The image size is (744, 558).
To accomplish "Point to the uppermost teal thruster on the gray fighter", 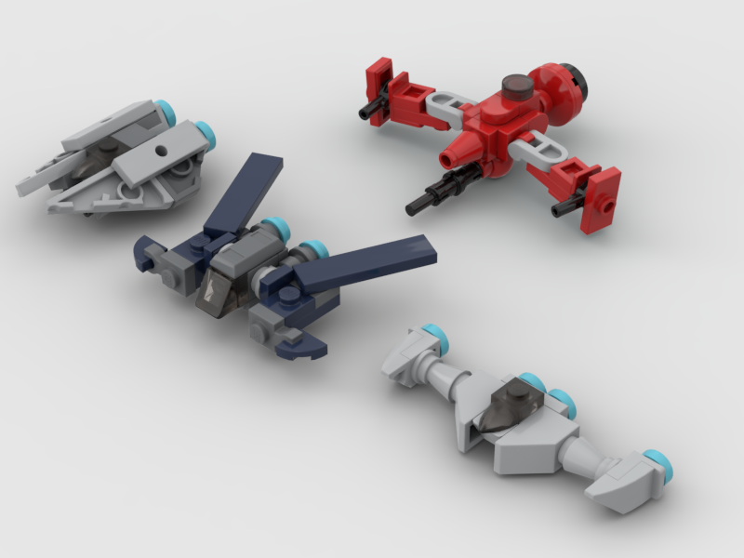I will pyautogui.click(x=166, y=114).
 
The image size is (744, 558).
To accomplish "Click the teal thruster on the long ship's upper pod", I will pyautogui.click(x=432, y=333).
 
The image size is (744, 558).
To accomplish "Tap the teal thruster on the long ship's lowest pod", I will pyautogui.click(x=657, y=459).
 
